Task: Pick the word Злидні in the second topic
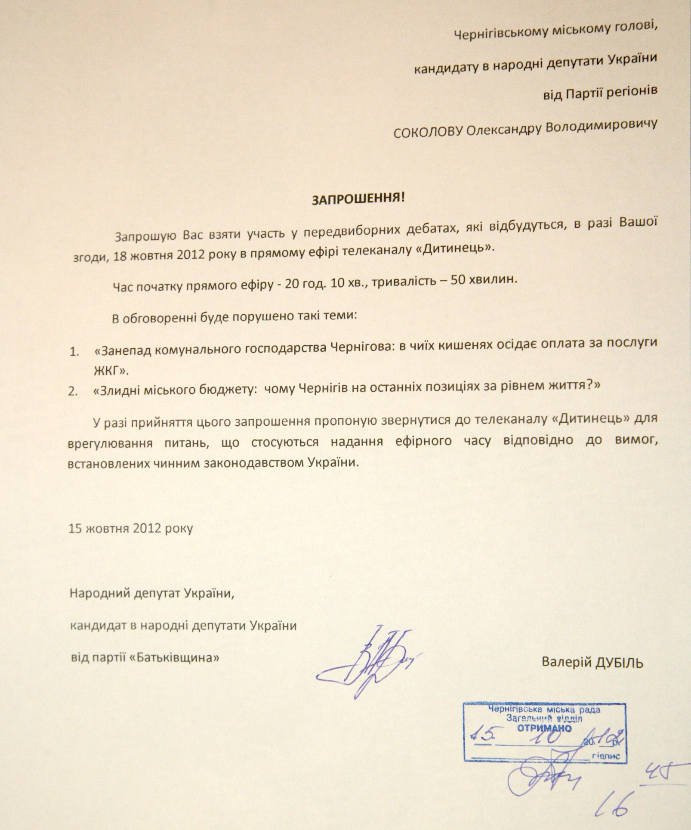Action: click(114, 390)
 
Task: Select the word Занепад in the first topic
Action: click(122, 350)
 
